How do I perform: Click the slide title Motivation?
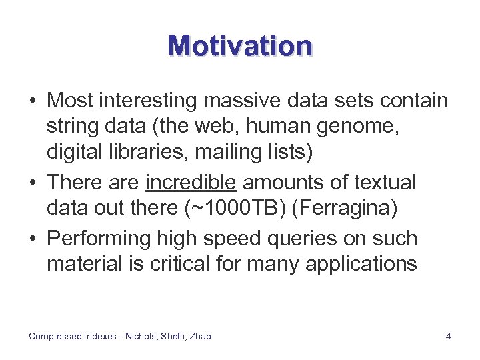pyautogui.click(x=240, y=46)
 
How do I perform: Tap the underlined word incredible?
pyautogui.click(x=191, y=183)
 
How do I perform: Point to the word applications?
pyautogui.click(x=361, y=264)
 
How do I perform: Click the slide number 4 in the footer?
pyautogui.click(x=448, y=337)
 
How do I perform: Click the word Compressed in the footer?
pyautogui.click(x=55, y=337)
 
